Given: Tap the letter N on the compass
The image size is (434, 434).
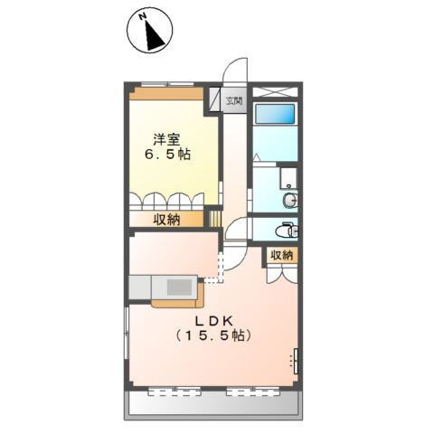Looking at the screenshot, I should point(143,17).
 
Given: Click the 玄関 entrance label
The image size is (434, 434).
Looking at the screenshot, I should point(234,100).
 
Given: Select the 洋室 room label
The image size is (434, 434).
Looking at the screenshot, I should point(165,139).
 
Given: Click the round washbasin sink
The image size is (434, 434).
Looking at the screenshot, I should point(290,201).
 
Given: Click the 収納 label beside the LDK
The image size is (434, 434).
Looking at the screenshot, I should point(281,256).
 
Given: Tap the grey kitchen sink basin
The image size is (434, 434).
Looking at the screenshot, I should point(178,289).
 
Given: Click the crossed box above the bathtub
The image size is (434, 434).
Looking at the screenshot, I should point(274,91).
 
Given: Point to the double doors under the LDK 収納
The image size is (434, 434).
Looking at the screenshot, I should point(281,276).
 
